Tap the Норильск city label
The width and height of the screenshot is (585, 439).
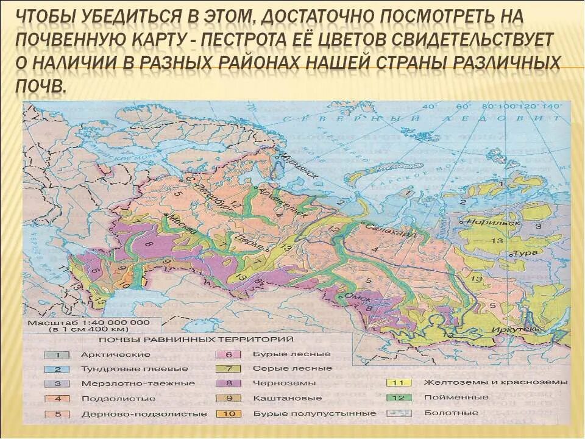[x=498, y=223]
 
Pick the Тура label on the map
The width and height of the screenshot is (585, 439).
[x=528, y=252]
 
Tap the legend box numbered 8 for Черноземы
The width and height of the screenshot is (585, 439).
[x=229, y=383]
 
